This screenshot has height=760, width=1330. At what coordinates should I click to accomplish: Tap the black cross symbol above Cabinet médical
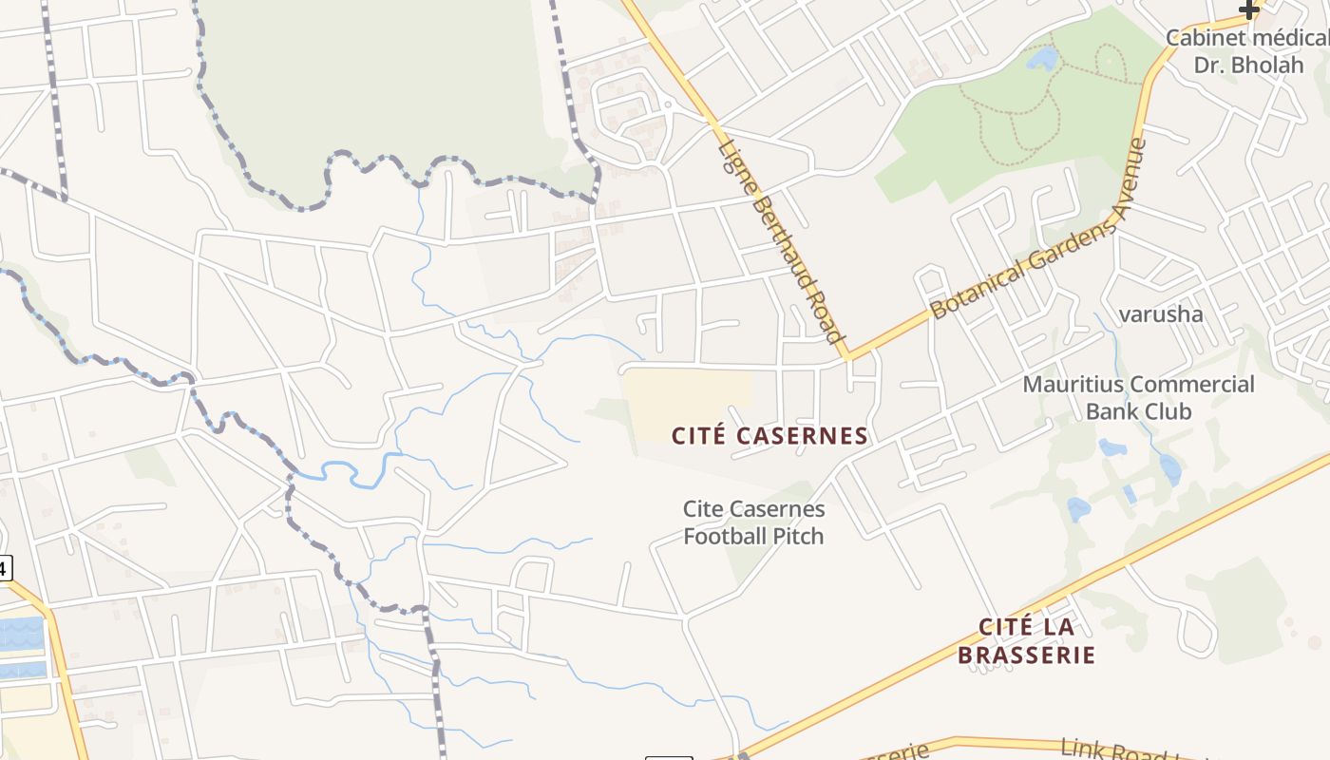click(x=1248, y=10)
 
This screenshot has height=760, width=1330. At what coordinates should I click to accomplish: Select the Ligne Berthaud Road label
click(x=781, y=241)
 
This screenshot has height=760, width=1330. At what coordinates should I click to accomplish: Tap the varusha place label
click(x=1160, y=314)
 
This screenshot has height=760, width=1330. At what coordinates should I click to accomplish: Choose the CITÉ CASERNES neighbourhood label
click(x=769, y=436)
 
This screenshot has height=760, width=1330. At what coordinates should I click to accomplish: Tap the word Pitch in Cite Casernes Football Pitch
click(x=800, y=536)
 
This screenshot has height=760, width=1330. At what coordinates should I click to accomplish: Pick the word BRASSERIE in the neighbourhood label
click(x=1026, y=655)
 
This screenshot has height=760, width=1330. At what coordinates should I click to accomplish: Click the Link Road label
click(x=1113, y=750)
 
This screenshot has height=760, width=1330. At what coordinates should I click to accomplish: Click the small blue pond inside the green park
click(x=1042, y=59)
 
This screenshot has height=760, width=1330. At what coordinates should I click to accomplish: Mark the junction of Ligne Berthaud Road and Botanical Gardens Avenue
click(x=846, y=357)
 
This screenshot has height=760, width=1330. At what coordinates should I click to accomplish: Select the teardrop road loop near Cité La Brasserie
click(x=1199, y=633)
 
